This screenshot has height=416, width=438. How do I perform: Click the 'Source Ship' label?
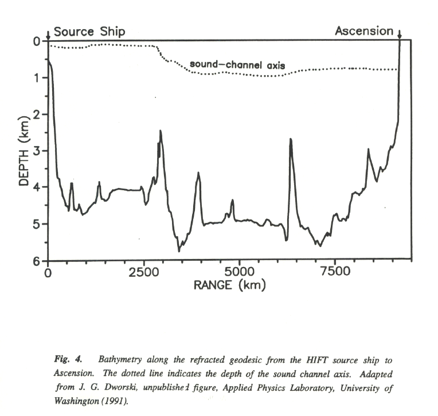pos(89,32)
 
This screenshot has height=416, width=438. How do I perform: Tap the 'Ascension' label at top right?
pos(364,31)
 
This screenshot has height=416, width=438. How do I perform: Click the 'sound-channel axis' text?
pos(238,64)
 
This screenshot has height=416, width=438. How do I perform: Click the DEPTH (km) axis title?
pos(24,151)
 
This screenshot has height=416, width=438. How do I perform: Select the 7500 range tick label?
pos(334,272)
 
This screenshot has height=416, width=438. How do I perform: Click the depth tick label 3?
pos(38,151)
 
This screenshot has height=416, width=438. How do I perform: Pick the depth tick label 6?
pos(38,261)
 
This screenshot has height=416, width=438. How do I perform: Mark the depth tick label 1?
pos(38,78)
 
